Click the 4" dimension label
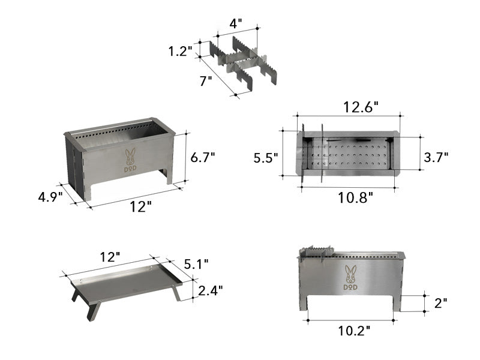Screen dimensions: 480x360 [236, 23]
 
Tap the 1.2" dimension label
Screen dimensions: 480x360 [181, 51]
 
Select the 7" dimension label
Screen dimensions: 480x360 [206, 81]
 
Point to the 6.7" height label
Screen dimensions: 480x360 [203, 158]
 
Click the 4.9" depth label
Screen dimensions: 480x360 [50, 197]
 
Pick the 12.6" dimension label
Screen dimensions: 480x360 [361, 107]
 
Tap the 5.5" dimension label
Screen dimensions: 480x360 [266, 158]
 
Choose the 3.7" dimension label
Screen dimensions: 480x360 [436, 157]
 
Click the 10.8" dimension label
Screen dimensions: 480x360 [355, 197]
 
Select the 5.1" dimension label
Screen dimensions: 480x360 [196, 263]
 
